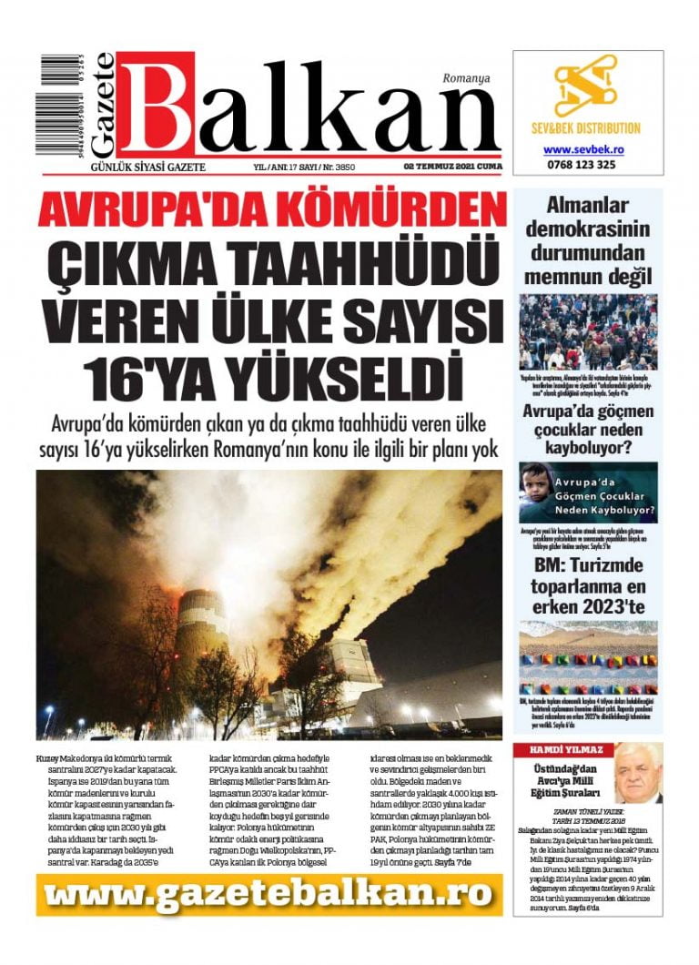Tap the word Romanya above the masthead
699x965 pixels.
click(x=467, y=78)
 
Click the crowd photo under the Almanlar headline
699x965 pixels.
click(x=587, y=331)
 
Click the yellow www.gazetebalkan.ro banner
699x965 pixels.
click(x=269, y=895)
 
